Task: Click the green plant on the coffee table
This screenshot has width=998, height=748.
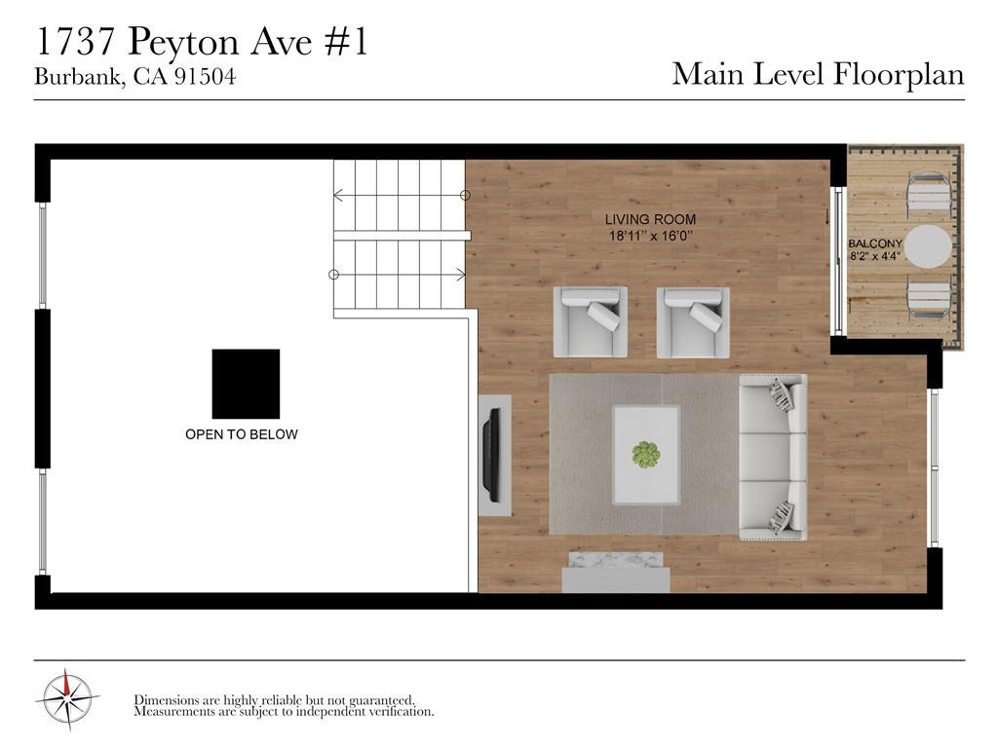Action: [646, 455]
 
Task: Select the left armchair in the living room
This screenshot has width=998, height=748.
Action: [590, 321]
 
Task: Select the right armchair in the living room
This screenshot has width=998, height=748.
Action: [693, 322]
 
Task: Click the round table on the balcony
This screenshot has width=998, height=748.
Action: [928, 246]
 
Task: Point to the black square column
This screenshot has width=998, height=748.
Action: [246, 384]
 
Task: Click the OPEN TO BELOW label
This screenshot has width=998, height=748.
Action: [242, 434]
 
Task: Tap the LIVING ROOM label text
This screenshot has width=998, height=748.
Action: [650, 219]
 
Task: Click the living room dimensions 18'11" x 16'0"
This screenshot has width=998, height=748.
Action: [650, 236]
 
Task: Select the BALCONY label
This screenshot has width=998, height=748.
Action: [875, 243]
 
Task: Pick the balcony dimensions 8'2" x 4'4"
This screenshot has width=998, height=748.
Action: [875, 256]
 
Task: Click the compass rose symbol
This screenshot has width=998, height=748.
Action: [67, 699]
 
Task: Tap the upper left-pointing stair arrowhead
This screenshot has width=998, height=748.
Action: [338, 195]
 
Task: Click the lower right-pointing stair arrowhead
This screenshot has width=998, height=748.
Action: [461, 275]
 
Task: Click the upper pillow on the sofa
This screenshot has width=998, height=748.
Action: [783, 394]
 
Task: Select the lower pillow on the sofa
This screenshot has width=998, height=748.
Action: [783, 516]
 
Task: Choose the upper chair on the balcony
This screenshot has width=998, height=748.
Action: [929, 195]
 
